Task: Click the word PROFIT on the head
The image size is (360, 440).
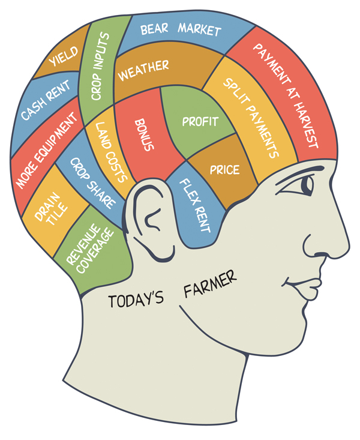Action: (x=200, y=121)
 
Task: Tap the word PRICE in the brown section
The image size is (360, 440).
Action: (x=225, y=170)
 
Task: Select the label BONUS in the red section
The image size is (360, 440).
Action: (x=144, y=135)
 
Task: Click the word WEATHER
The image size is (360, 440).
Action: (x=143, y=70)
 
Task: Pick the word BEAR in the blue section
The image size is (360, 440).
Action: (x=154, y=29)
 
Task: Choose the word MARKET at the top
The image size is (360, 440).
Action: (x=200, y=29)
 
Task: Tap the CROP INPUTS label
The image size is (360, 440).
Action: (x=100, y=66)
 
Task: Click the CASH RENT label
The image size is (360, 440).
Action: (x=46, y=100)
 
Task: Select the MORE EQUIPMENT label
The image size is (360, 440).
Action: (x=46, y=150)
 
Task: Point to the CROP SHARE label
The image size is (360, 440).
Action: (x=92, y=183)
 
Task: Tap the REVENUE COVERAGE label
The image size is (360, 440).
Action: (x=90, y=249)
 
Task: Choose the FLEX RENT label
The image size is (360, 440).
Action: (x=195, y=205)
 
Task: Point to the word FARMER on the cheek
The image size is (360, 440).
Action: (x=210, y=284)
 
